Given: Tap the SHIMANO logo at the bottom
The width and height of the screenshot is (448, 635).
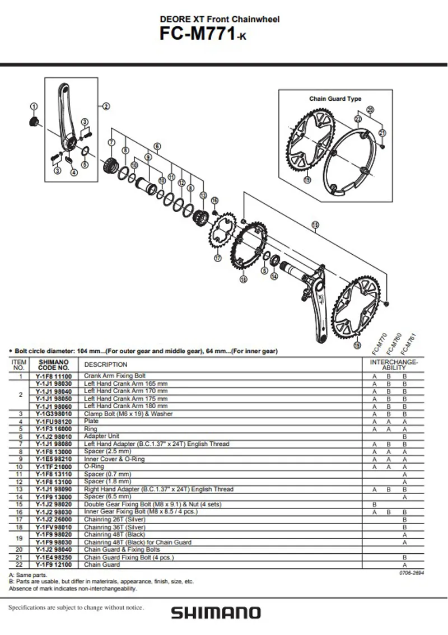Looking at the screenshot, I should point(216,613).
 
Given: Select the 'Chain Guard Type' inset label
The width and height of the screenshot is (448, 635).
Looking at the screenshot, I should point(335,99).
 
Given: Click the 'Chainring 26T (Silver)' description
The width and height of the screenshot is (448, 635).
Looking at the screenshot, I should point(115,519).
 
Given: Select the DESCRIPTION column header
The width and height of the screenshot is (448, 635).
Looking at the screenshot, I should point(106,365).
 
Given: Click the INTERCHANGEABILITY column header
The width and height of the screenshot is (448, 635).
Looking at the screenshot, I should point(394,365).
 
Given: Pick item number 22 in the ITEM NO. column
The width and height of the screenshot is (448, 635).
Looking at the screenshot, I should point(18,565).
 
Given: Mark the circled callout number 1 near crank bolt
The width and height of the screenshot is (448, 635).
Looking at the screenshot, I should point(34,106).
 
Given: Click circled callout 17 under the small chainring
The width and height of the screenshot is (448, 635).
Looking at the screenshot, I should point(218,258).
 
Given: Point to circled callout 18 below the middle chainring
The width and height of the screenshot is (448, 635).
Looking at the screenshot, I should point(243,279).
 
